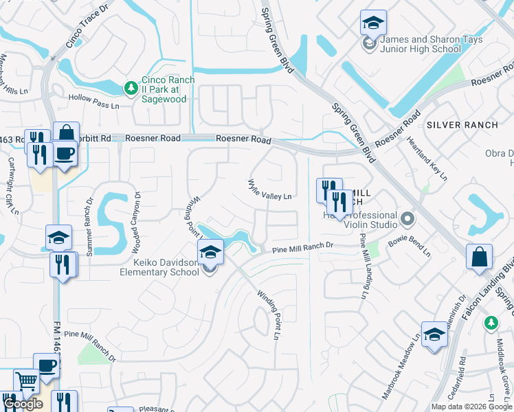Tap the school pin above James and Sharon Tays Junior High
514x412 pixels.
372,24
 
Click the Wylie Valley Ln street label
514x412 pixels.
270,190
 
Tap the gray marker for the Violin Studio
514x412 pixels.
407,220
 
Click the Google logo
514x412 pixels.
23,404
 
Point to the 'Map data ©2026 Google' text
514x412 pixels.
471,407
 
